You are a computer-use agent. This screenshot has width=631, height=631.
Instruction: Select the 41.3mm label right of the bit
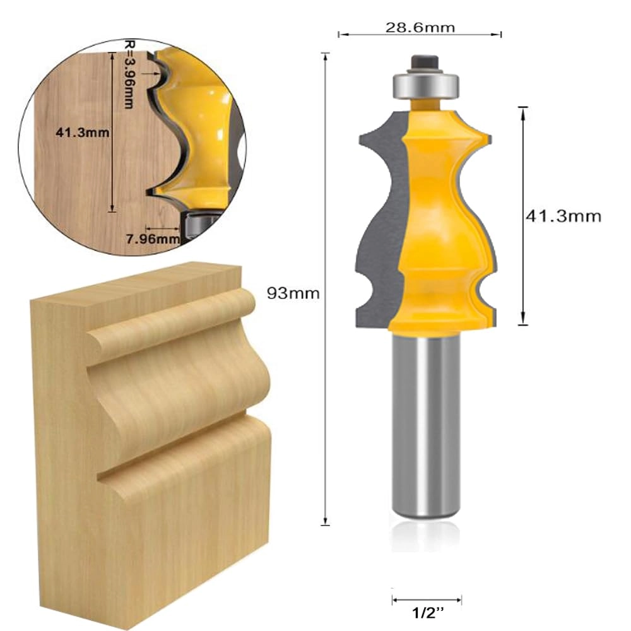(563, 216)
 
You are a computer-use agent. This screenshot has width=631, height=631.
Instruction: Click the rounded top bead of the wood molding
(170, 319)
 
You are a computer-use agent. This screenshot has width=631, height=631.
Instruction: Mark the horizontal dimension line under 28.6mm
(420, 35)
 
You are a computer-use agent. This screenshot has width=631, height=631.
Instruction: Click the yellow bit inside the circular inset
(196, 126)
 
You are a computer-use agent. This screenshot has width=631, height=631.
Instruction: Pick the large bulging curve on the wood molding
(183, 385)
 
